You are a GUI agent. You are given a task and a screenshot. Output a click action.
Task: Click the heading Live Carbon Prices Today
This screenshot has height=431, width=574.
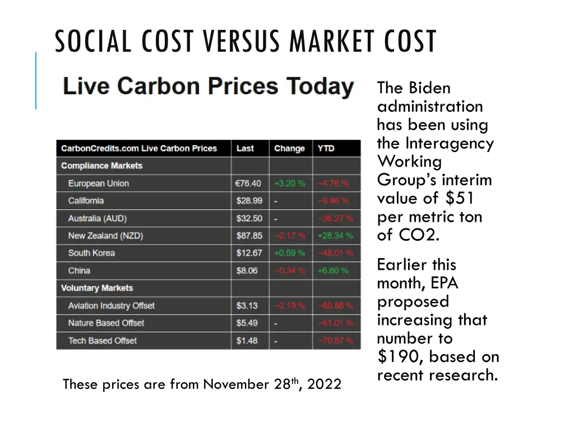pyautogui.click(x=208, y=87)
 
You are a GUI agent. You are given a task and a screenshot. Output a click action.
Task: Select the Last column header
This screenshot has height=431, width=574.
pyautogui.click(x=245, y=149)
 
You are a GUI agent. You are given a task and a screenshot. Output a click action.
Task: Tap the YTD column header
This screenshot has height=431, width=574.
pyautogui.click(x=326, y=149)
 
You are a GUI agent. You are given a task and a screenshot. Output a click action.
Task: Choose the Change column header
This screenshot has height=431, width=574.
pyautogui.click(x=289, y=149)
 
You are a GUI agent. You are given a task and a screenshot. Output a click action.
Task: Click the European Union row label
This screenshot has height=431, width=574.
pyautogui.click(x=98, y=184)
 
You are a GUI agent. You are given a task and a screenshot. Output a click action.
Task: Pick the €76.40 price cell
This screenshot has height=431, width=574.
pyautogui.click(x=248, y=184)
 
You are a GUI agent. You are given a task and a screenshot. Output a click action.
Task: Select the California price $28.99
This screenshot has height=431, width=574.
pyautogui.click(x=249, y=201)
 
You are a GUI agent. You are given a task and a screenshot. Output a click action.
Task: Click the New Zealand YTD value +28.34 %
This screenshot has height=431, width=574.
pyautogui.click(x=335, y=236)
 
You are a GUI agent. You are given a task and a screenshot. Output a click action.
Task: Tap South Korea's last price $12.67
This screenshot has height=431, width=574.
pyautogui.click(x=249, y=253)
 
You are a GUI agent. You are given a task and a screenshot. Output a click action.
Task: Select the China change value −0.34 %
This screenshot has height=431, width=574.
pyautogui.click(x=289, y=270)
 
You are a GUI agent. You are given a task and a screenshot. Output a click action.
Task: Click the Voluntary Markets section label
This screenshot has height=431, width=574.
pyautogui.click(x=97, y=288)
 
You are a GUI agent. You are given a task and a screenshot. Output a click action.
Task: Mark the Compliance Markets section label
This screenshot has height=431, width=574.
pyautogui.click(x=101, y=166)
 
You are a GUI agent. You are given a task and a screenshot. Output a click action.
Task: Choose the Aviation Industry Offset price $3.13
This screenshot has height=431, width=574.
pyautogui.click(x=247, y=306)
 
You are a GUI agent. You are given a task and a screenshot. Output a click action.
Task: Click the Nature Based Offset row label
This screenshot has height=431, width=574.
pyautogui.click(x=106, y=323)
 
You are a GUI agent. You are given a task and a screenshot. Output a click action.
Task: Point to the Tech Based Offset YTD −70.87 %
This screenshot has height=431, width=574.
pyautogui.click(x=335, y=341)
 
